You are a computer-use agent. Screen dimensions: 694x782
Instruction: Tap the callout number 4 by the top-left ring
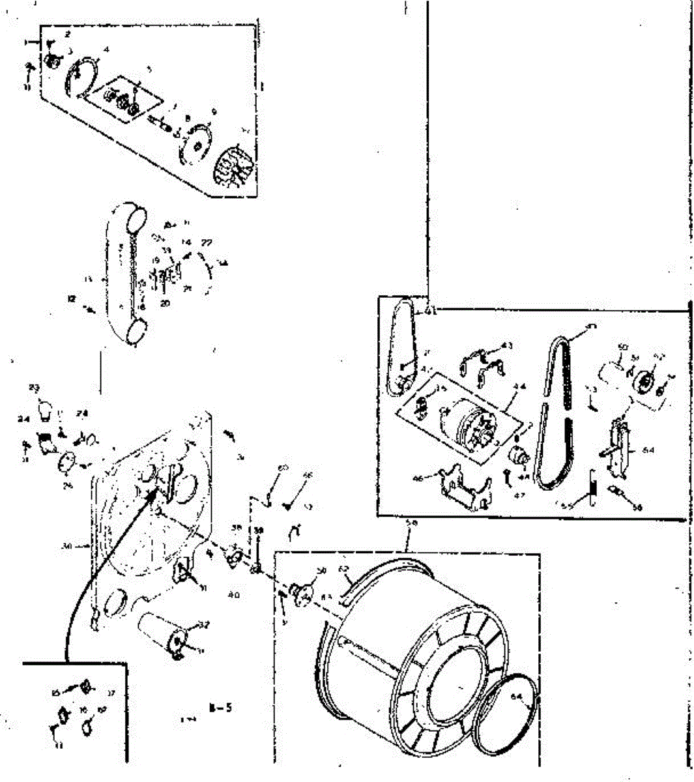106,50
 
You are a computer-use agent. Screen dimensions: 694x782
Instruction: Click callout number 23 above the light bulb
34,388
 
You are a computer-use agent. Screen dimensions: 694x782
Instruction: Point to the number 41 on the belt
430,311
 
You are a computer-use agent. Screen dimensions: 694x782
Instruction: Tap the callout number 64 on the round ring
517,697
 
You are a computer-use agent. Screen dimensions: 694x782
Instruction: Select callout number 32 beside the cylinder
203,625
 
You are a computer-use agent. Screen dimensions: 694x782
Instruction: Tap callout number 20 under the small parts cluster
164,303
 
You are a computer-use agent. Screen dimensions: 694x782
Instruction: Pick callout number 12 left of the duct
72,298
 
